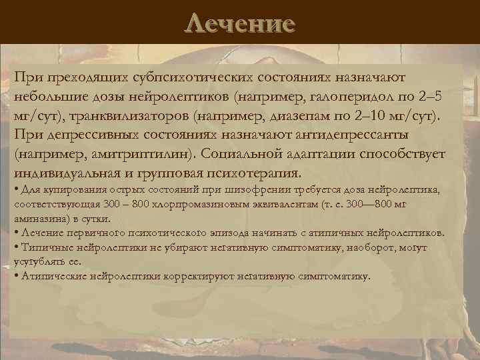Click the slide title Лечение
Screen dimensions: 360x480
coord(240,24)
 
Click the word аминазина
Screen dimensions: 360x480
coord(37,218)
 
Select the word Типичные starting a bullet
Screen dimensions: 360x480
coord(43,247)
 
